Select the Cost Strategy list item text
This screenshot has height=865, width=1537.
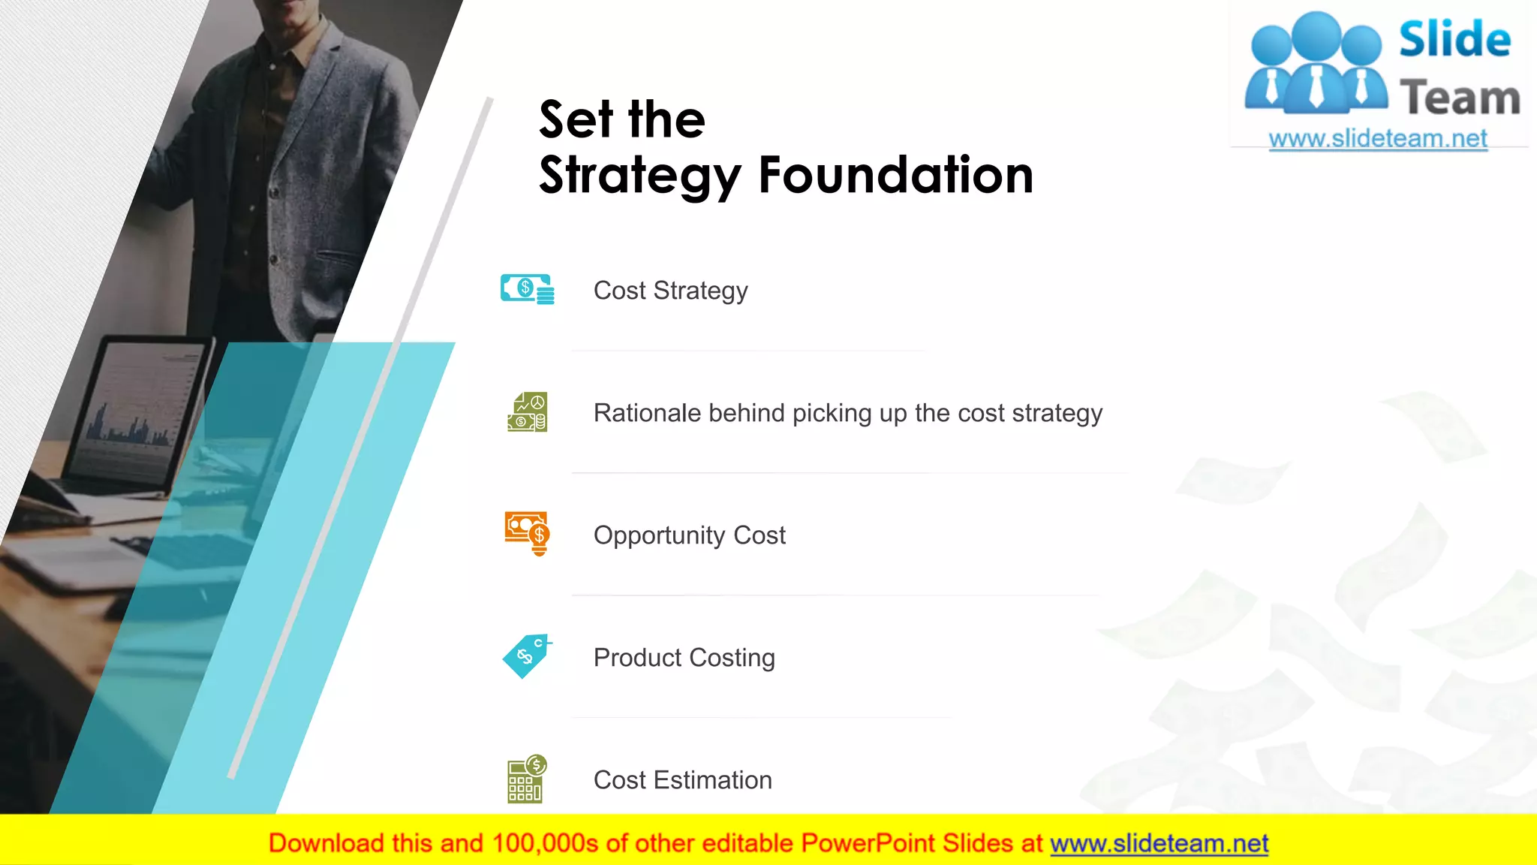(670, 291)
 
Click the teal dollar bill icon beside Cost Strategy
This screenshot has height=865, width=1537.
(527, 289)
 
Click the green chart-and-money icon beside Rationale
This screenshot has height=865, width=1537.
(527, 412)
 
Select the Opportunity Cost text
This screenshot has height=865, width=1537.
(689, 535)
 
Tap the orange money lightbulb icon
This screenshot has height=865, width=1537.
(527, 533)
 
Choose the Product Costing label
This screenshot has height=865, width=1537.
(684, 658)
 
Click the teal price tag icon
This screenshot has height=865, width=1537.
(526, 656)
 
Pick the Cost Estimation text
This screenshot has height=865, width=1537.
(682, 780)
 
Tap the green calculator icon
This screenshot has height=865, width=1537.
(526, 779)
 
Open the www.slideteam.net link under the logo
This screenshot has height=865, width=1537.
(1377, 139)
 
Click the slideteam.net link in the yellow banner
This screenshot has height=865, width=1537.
(1159, 844)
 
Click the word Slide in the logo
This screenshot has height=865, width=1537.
(1454, 40)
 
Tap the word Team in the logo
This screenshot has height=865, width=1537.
(1460, 98)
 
